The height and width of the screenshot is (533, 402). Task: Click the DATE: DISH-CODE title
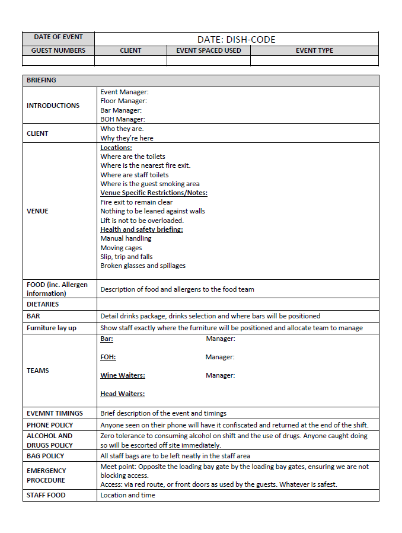236,40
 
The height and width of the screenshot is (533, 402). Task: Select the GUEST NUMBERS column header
58,50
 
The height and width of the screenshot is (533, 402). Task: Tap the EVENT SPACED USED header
209,50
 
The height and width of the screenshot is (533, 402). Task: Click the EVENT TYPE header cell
314,50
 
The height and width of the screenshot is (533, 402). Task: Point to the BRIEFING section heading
42,80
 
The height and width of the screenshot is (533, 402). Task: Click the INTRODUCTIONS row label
53,106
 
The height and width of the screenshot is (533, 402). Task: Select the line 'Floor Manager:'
123,101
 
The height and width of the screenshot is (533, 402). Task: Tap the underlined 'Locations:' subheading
116,148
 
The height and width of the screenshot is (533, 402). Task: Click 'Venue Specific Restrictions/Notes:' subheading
154,193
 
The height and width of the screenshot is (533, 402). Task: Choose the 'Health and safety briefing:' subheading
142,229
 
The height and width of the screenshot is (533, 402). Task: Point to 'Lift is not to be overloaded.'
142,221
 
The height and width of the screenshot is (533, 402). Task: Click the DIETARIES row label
43,304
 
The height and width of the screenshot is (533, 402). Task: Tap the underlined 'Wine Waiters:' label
123,375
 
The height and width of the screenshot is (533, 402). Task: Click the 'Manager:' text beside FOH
220,357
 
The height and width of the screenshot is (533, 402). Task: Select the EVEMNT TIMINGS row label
55,413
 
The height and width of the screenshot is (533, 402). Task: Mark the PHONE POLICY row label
50,425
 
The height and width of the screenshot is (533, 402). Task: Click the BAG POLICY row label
45,456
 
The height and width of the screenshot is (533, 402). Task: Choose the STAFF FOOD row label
46,495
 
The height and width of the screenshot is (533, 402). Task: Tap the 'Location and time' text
127,495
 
